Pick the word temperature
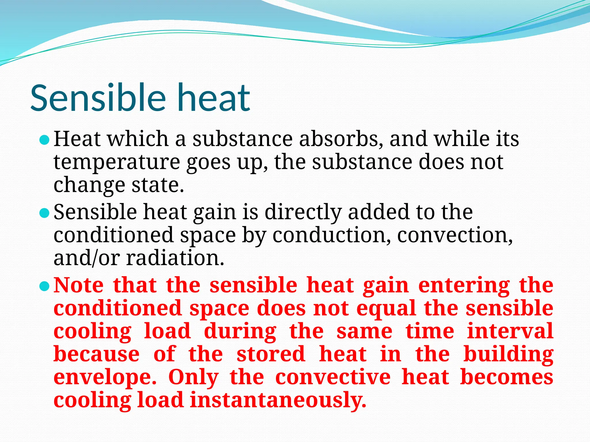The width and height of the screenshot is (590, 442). click(117, 162)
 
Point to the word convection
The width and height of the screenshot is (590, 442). click(455, 235)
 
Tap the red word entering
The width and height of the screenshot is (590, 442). click(464, 286)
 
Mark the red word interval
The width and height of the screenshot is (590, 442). click(510, 331)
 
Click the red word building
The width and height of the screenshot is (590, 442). click(508, 355)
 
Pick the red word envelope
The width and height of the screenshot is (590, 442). click(105, 378)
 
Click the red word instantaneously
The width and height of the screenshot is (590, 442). click(278, 400)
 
